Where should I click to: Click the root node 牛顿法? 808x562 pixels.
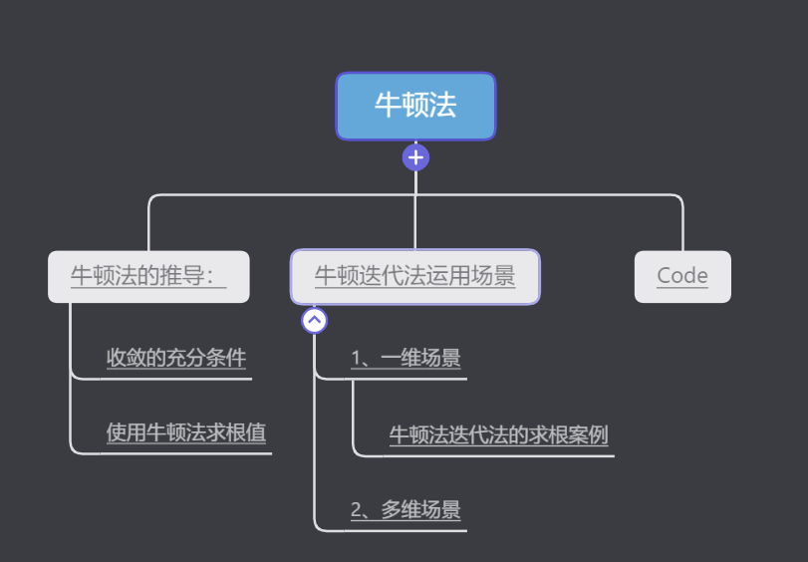click(415, 106)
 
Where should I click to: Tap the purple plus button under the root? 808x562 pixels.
click(415, 157)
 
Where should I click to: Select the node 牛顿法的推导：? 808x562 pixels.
click(148, 276)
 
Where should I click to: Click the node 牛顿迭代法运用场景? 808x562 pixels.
click(415, 276)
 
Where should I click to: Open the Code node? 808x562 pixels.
click(682, 276)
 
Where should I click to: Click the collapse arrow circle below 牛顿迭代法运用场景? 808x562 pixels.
click(315, 320)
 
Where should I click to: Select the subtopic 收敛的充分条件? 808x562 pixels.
click(176, 358)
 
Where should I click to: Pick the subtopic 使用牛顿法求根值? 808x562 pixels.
click(186, 432)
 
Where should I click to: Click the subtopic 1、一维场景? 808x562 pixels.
click(405, 358)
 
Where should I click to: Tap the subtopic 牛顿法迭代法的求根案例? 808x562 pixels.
click(498, 434)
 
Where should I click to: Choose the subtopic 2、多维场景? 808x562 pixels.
click(405, 510)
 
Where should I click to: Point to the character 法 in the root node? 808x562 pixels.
click(443, 106)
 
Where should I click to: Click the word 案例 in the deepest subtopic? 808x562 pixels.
click(588, 434)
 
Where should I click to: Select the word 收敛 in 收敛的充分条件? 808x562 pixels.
click(127, 358)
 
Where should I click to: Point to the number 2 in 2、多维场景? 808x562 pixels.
click(356, 510)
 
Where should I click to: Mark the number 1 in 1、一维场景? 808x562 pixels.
click(356, 358)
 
